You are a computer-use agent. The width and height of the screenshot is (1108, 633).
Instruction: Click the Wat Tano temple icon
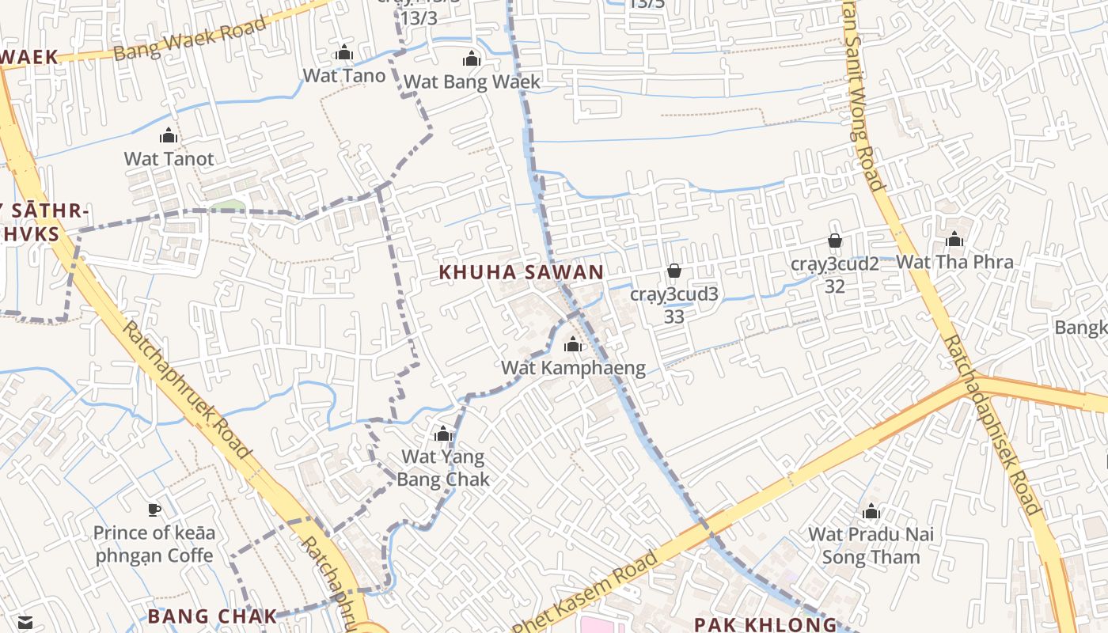(x=344, y=53)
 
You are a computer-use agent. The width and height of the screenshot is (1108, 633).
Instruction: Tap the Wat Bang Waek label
(x=472, y=81)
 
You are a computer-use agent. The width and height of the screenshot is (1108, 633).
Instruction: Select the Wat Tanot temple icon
(x=169, y=136)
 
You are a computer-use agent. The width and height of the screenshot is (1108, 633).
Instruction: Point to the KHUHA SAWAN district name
(x=522, y=272)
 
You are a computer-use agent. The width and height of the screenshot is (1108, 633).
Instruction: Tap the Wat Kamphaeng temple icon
(x=573, y=344)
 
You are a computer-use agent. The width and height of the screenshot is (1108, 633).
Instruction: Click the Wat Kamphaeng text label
(x=573, y=368)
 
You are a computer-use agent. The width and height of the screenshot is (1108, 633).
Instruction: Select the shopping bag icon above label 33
(x=674, y=271)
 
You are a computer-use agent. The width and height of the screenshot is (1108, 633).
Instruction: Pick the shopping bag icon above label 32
(x=834, y=241)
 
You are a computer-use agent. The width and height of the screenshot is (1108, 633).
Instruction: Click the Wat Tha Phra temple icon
(x=954, y=239)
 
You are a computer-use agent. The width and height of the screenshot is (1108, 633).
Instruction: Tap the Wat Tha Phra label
(x=954, y=262)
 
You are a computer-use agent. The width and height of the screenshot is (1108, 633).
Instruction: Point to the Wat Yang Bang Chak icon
(x=443, y=434)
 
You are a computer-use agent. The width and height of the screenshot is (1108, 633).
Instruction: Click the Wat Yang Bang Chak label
(x=443, y=468)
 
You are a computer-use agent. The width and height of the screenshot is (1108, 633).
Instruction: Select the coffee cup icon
(x=154, y=510)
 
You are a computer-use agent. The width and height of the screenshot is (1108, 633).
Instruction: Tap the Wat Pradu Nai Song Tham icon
(x=871, y=512)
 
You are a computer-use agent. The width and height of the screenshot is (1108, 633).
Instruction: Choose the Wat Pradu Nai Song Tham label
(x=871, y=545)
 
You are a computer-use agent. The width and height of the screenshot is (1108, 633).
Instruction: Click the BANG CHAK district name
(x=212, y=616)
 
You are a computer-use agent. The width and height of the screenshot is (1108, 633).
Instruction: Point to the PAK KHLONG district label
(x=765, y=624)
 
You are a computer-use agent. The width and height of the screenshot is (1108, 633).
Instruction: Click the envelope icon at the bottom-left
(x=25, y=623)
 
